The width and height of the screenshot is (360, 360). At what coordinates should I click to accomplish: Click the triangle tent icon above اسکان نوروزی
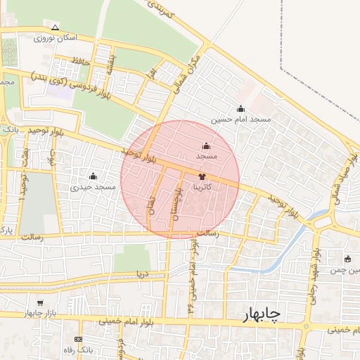coord(56,27)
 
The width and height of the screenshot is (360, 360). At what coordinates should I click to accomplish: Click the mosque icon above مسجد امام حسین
coord(240,108)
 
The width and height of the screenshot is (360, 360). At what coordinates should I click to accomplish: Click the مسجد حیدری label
coord(93,187)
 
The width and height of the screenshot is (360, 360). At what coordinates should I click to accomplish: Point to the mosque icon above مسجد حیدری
coord(93,176)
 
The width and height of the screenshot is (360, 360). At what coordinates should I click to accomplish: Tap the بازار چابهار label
coord(41,312)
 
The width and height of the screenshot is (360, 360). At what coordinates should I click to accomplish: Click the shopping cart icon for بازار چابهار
coord(40,303)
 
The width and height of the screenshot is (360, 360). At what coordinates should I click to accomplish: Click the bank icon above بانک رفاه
coord(78,339)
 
